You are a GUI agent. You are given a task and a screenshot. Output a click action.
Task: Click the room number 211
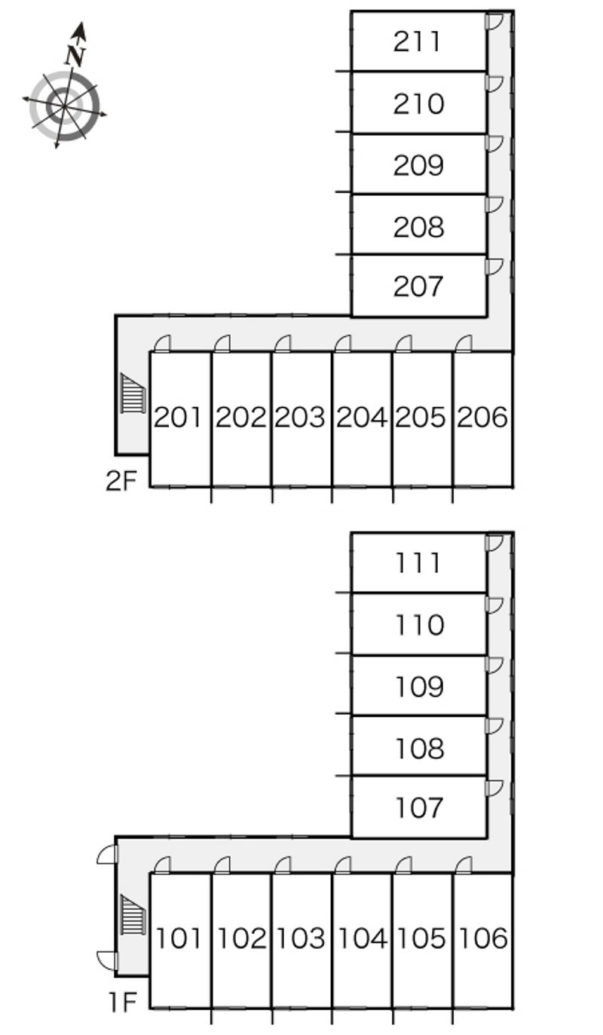tap(418, 42)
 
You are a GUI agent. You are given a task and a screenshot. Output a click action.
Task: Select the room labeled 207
tap(418, 286)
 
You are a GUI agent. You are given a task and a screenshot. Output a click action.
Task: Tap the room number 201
tap(179, 417)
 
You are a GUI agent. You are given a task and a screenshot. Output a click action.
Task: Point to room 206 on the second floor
tap(482, 417)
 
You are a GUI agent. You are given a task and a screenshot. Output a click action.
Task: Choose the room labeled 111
tap(418, 563)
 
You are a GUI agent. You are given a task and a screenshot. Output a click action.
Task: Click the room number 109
tap(418, 687)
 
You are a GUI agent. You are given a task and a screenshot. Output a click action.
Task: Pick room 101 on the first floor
tap(179, 939)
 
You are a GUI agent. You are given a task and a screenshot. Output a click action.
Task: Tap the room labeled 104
tap(362, 939)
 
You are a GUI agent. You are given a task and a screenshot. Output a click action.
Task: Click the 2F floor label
tap(121, 481)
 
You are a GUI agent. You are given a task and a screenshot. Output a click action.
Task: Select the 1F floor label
tap(121, 1002)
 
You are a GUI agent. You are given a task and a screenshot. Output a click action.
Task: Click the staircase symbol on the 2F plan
tap(133, 393)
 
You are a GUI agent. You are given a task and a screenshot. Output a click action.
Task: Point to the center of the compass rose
tap(64, 106)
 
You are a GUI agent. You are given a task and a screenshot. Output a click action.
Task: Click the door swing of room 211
tap(494, 22)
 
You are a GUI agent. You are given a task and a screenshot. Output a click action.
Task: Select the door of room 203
tap(282, 344)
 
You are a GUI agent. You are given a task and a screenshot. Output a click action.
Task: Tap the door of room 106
tap(464, 865)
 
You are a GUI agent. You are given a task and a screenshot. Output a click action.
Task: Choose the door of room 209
tap(494, 144)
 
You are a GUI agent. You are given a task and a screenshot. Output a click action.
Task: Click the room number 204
tap(362, 417)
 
